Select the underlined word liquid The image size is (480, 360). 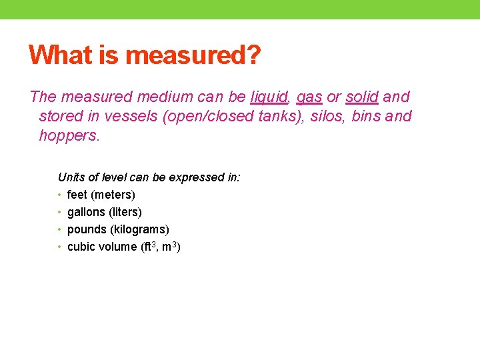coord(269,97)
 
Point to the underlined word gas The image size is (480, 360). coord(309,97)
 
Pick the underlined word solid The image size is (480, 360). coord(362,97)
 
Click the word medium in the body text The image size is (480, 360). coord(197,97)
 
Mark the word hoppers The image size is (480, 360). coord(69,136)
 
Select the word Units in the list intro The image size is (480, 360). coord(71,177)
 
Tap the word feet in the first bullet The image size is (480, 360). coord(77,195)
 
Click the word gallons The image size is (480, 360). coord(86,212)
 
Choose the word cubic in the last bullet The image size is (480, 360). coord(81,247)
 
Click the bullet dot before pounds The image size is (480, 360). coord(60,229)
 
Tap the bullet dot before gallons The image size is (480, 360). coord(60,212)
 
